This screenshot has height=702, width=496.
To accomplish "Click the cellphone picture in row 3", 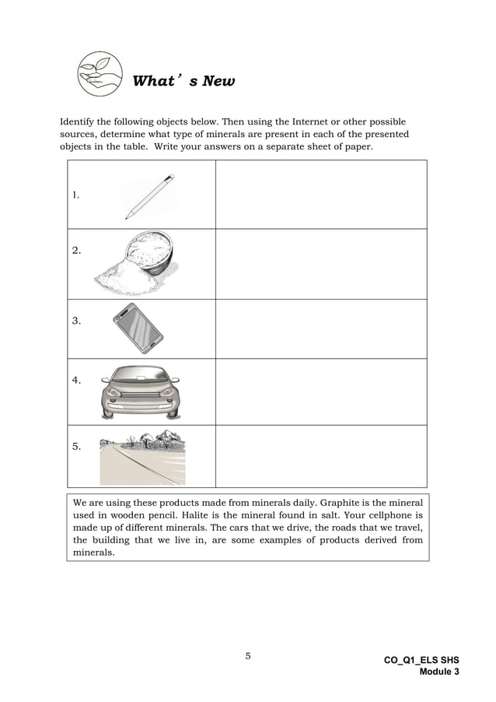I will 138,325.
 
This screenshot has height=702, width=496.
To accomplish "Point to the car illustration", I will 140,391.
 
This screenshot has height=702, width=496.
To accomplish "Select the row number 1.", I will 75,196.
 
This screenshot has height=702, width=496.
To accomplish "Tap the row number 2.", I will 76,251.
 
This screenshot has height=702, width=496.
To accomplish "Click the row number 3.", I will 76,320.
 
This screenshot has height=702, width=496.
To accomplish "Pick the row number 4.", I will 76,381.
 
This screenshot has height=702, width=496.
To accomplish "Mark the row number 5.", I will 76,447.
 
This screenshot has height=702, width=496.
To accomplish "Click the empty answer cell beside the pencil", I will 321,195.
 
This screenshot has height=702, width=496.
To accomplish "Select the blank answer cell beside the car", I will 321,391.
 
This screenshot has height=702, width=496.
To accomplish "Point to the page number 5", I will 248,656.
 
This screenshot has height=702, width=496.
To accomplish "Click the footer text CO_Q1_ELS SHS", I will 421,660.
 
